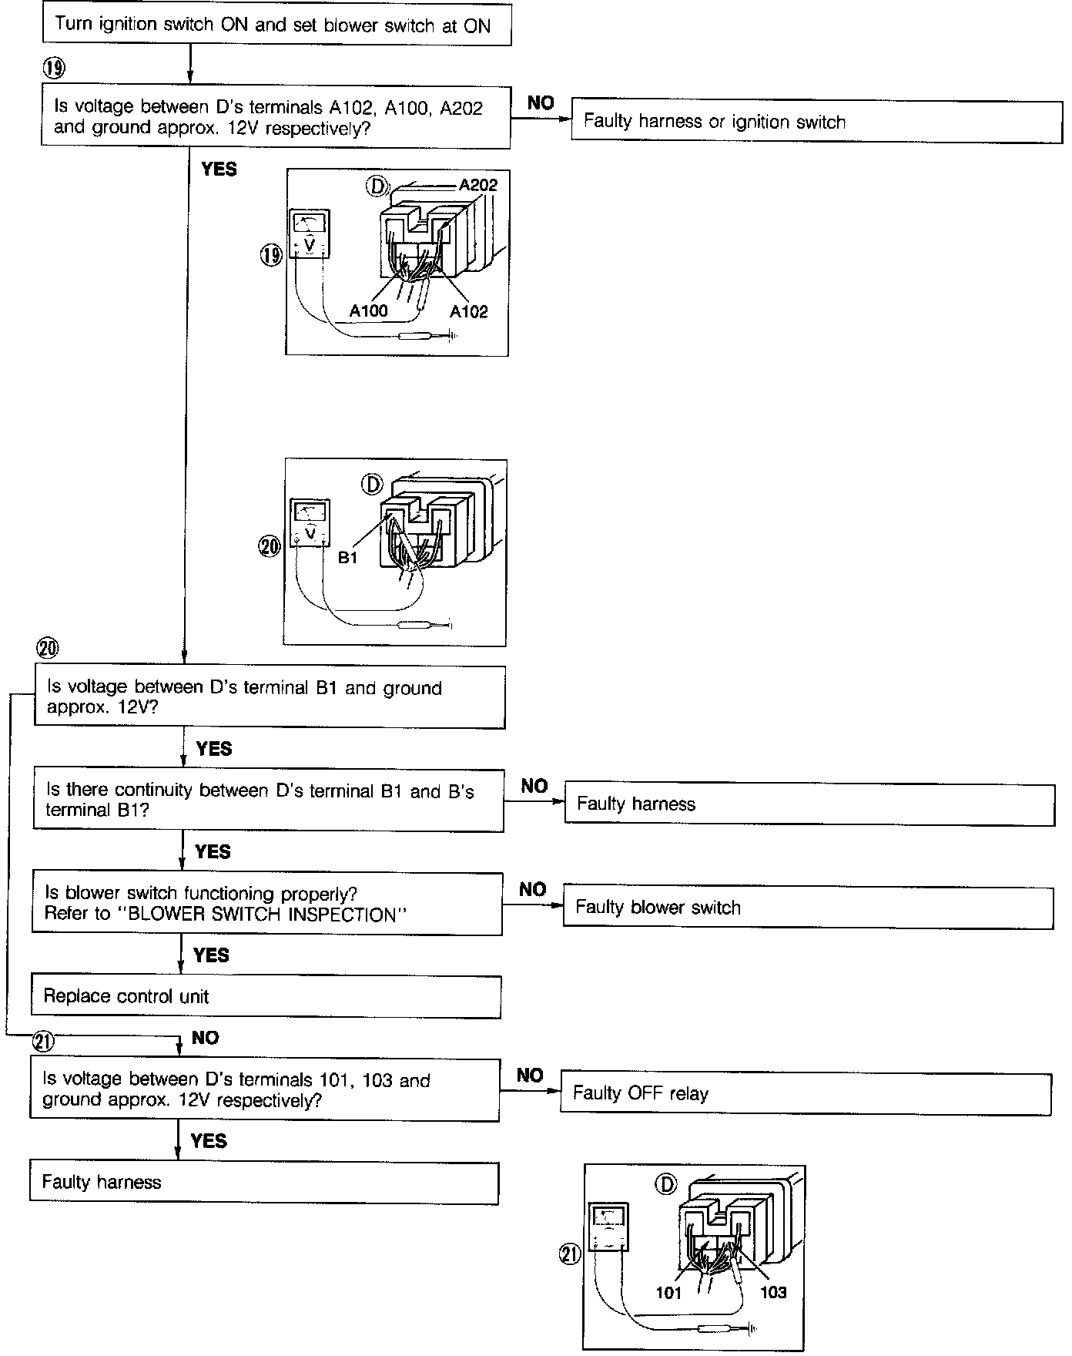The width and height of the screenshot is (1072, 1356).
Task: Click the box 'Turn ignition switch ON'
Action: coord(276,25)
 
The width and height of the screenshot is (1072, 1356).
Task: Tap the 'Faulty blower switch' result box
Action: coord(808,908)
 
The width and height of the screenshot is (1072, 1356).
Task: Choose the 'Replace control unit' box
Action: coord(266,997)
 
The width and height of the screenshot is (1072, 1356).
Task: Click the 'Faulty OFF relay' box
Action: coord(806,1093)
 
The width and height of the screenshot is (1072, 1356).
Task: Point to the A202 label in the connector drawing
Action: coord(477,185)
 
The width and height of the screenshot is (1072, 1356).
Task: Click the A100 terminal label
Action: coord(368,311)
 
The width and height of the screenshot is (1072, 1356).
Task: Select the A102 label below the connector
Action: coord(468,311)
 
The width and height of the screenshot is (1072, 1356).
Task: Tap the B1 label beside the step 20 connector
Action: coord(347,558)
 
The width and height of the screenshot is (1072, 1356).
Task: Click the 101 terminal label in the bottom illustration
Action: coord(668,1293)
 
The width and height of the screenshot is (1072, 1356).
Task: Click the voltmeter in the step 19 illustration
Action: coord(310,234)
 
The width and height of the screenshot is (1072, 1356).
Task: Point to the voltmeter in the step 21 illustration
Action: coord(608,1227)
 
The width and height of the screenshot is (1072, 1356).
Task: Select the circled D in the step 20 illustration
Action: coord(372,484)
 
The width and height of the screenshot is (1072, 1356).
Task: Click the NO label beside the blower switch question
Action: coord(532,890)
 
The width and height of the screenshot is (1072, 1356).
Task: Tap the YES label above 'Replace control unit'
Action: coord(211,955)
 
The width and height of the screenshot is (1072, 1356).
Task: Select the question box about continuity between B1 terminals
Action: coord(268,801)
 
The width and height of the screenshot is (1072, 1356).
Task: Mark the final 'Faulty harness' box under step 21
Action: coord(264,1183)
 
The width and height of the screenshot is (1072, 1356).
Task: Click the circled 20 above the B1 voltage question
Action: coord(48,648)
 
